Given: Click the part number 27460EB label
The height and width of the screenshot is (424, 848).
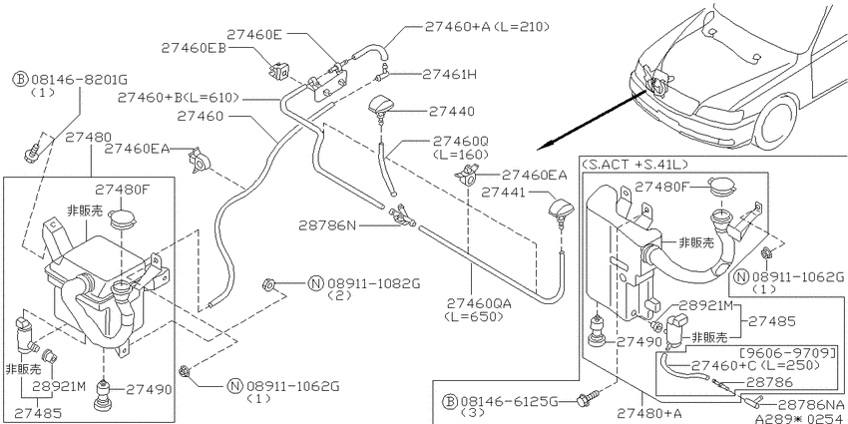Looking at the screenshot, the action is (x=194, y=48).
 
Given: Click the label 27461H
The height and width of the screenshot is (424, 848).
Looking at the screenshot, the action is (x=449, y=74).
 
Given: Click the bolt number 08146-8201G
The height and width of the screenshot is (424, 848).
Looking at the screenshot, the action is (x=79, y=80).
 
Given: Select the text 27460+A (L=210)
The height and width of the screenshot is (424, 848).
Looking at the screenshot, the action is (x=487, y=26).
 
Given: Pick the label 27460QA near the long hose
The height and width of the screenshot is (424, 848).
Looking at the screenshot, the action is (x=479, y=304).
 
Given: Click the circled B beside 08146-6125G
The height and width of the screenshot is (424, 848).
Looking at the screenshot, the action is (x=449, y=402).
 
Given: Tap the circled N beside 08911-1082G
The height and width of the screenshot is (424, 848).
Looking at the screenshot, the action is (x=315, y=283).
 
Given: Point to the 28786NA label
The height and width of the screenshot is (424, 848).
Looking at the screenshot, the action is (x=810, y=404).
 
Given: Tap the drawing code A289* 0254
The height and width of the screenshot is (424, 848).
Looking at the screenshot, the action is (x=800, y=418).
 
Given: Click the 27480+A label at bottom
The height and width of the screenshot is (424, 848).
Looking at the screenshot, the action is (x=649, y=414).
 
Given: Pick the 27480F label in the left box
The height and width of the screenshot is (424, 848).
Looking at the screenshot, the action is (x=123, y=190).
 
